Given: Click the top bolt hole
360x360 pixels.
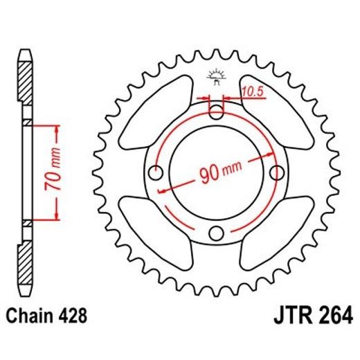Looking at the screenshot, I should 217,110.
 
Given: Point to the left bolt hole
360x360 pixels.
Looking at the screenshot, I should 156,171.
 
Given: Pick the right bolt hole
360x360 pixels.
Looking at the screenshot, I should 278,171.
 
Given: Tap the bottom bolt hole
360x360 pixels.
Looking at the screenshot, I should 217,232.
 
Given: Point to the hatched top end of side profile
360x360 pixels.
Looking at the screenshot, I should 25,80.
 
